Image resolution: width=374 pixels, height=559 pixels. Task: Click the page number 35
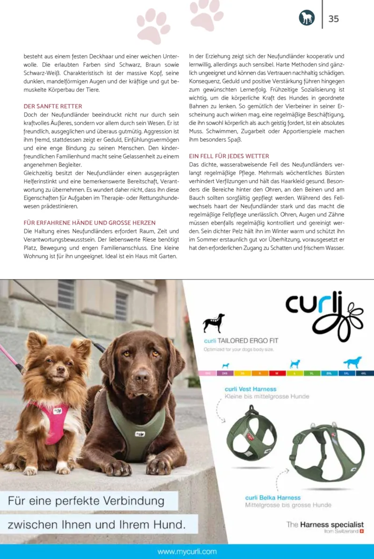tap(334, 19)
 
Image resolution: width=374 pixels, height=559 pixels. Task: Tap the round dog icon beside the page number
tap(307, 18)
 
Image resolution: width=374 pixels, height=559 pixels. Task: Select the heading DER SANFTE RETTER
tap(53, 107)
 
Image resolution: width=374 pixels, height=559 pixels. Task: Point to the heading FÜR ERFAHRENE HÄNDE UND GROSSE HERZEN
tap(90, 223)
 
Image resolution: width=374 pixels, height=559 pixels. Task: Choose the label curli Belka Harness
tap(273, 498)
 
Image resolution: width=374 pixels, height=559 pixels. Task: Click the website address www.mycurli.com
tap(187, 552)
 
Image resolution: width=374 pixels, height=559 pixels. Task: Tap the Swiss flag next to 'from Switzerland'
tap(362, 531)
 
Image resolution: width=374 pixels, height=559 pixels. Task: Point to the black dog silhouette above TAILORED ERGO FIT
tap(214, 323)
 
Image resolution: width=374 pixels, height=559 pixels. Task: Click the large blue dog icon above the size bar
tap(352, 363)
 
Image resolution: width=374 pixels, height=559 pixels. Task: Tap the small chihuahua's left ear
tap(36, 341)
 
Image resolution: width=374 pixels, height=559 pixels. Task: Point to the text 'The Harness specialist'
tap(325, 524)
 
